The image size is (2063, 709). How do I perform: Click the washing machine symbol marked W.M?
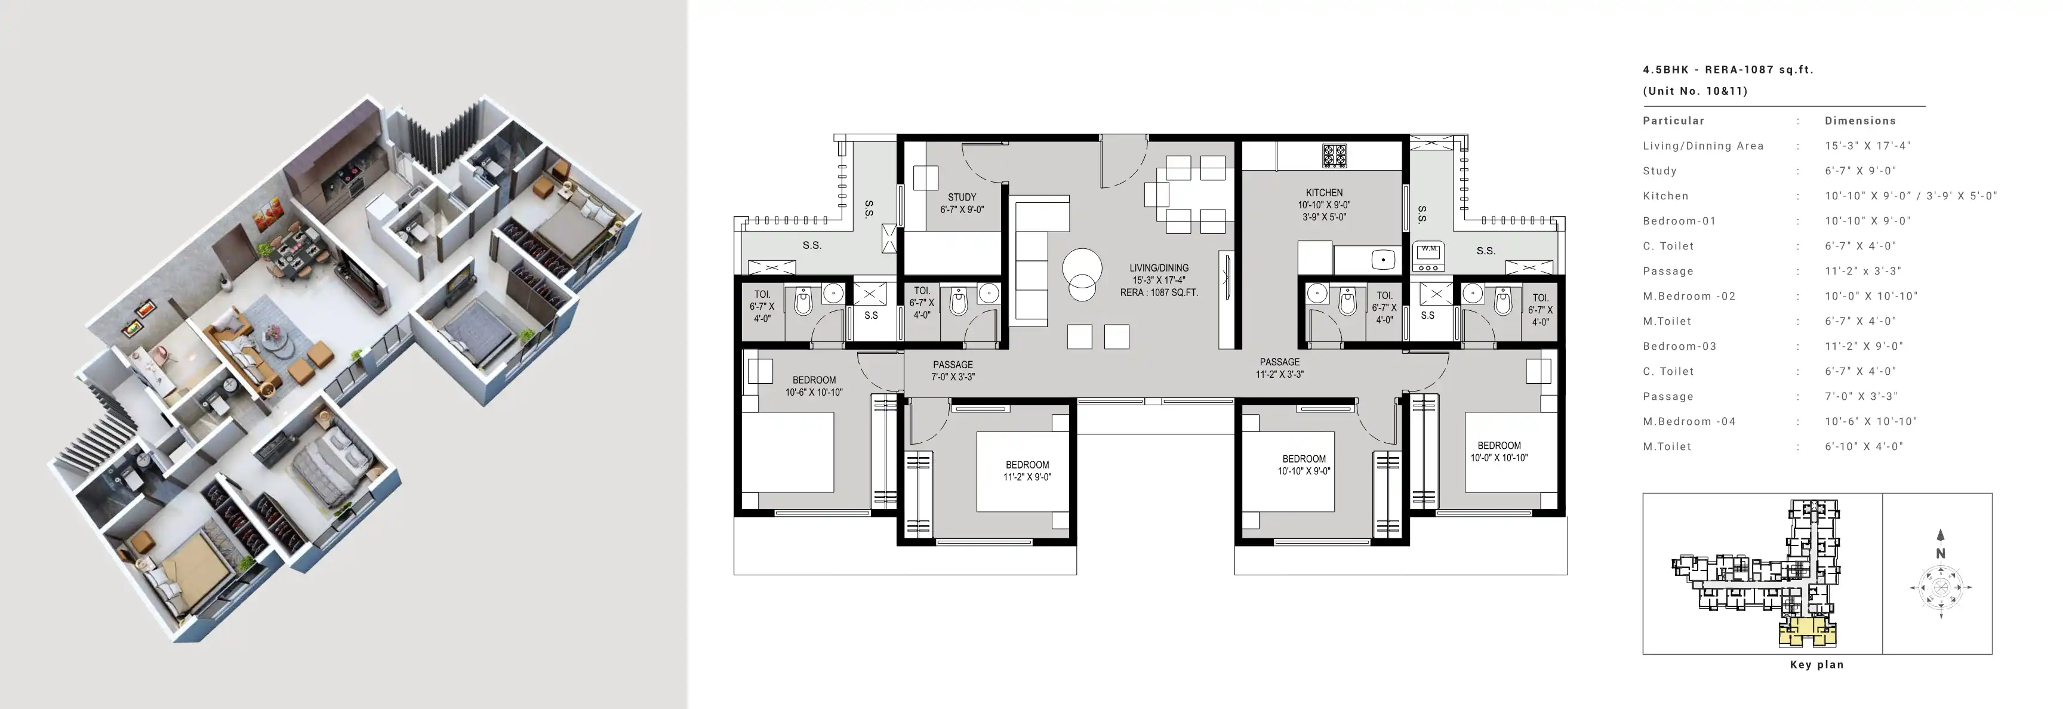point(1428,253)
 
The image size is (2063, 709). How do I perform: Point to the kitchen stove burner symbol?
point(1334,155)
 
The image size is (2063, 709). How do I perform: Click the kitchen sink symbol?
point(1383,259)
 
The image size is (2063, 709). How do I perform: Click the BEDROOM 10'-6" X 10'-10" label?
point(814,386)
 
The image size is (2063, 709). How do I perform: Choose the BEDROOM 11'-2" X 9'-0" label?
point(1027,470)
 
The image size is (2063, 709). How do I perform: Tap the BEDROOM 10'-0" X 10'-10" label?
point(1499,451)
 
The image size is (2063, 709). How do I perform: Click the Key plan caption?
point(1816,664)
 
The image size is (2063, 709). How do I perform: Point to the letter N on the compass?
point(1941,553)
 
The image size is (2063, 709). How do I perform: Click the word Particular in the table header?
point(1674,121)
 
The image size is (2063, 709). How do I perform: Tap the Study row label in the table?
point(1659,171)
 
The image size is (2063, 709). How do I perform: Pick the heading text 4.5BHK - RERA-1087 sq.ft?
point(1728,70)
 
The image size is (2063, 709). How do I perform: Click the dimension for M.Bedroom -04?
point(1864,421)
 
